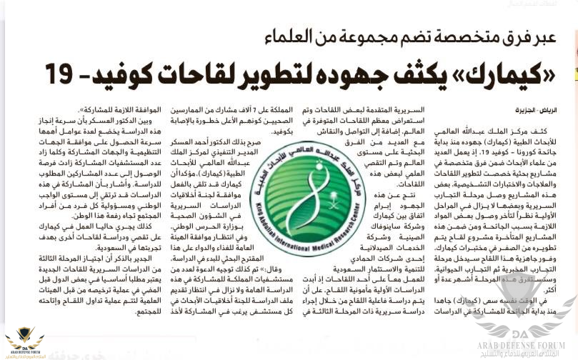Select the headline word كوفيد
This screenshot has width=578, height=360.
coord(121,72)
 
